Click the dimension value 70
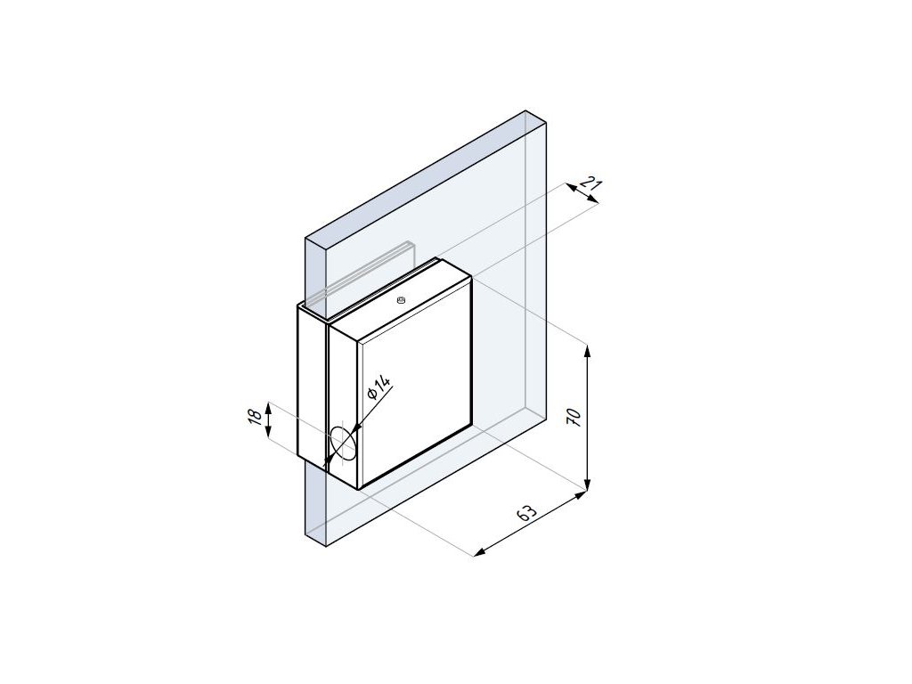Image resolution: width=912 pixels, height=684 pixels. click(574, 418)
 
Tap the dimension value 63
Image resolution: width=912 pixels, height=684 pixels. click(525, 512)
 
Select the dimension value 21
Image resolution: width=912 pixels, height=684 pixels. click(591, 185)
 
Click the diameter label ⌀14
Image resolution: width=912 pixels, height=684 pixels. click(379, 387)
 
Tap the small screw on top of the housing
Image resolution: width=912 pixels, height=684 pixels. click(400, 300)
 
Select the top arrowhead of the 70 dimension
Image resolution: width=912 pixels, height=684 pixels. click(588, 349)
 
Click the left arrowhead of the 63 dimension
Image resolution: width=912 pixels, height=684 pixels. click(478, 553)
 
